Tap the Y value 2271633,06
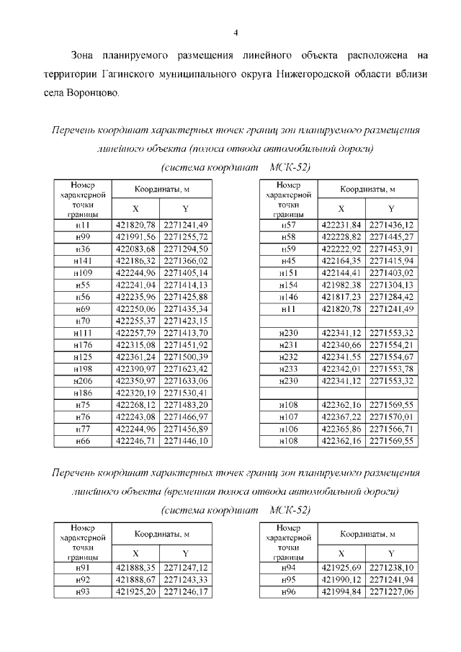click(186, 380)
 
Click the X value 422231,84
click(341, 225)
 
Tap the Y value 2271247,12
click(186, 568)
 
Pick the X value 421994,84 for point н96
click(341, 591)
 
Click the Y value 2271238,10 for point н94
click(391, 568)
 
